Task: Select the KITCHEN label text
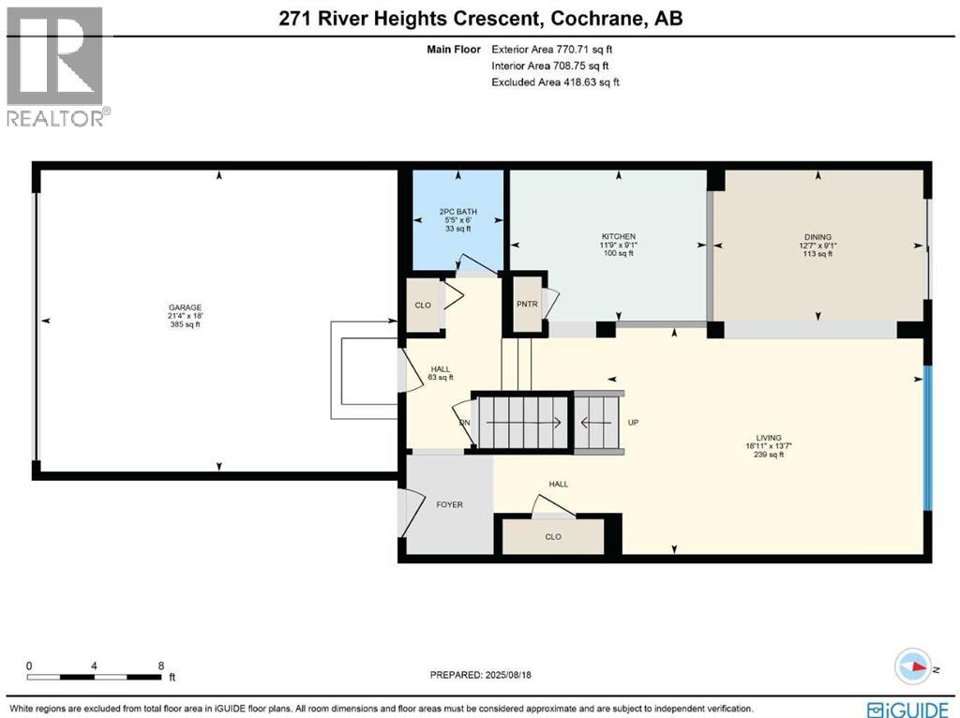click(x=619, y=236)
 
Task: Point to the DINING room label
click(x=817, y=237)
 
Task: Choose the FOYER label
click(x=450, y=504)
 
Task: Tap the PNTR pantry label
click(x=527, y=305)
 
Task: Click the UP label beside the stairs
click(x=633, y=423)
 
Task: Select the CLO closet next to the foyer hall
click(x=553, y=537)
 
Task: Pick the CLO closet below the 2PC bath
click(x=423, y=306)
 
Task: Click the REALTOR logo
click(x=56, y=67)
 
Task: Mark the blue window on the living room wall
click(x=927, y=438)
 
